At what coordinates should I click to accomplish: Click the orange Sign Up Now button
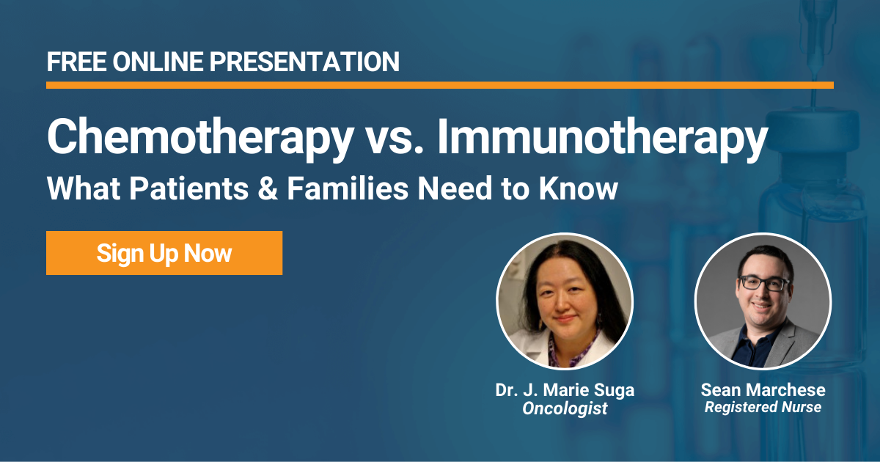pyautogui.click(x=164, y=253)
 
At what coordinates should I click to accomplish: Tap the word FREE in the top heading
pyautogui.click(x=76, y=62)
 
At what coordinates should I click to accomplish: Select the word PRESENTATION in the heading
pyautogui.click(x=304, y=62)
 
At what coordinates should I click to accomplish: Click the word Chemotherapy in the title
pyautogui.click(x=200, y=138)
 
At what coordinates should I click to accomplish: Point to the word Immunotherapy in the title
pyautogui.click(x=603, y=138)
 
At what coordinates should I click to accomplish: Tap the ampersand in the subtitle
pyautogui.click(x=268, y=188)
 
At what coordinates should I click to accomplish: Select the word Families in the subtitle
pyautogui.click(x=348, y=188)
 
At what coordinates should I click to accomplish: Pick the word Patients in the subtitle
pyautogui.click(x=189, y=188)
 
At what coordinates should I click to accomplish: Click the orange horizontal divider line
pyautogui.click(x=440, y=85)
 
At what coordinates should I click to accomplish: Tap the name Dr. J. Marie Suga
pyautogui.click(x=565, y=390)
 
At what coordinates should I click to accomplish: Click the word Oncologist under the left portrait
pyautogui.click(x=565, y=408)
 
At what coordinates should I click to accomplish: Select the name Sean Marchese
pyautogui.click(x=763, y=390)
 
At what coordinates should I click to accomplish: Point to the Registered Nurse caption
pyautogui.click(x=763, y=407)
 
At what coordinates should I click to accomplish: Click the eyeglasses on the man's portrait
pyautogui.click(x=763, y=284)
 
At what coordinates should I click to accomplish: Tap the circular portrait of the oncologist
pyautogui.click(x=565, y=301)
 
